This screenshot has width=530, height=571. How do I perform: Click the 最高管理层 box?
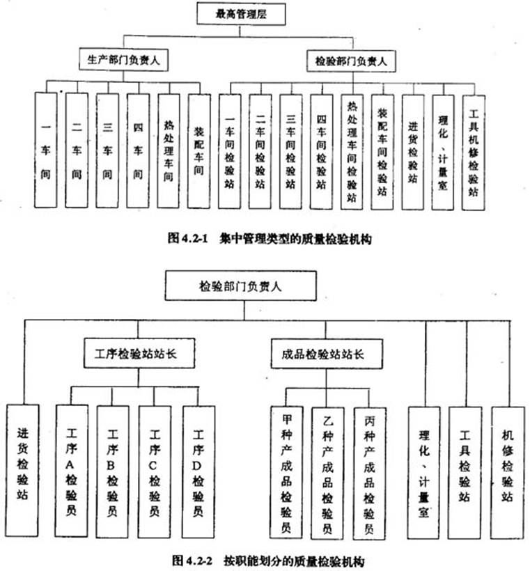pos(241,14)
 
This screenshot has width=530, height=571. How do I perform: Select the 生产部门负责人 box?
pos(123,60)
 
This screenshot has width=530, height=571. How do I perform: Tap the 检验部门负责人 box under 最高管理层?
pos(351,61)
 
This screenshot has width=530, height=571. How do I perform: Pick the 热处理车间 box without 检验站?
pos(169,151)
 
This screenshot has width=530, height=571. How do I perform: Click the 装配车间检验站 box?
pos(382,152)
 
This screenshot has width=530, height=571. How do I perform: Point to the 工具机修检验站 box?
pos(473,153)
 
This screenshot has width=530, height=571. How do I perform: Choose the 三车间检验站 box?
pos(290,152)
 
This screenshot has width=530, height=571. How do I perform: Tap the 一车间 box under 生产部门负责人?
pos(46,150)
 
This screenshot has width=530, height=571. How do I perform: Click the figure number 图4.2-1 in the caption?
pos(187,239)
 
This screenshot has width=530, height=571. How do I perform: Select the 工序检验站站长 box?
pos(139,353)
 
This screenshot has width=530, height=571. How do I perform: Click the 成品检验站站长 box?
pos(327,354)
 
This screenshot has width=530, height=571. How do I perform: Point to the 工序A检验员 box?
pos(72,471)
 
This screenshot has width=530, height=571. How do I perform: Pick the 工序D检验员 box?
pos(198,472)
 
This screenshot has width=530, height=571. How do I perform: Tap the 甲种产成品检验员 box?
pos(286,472)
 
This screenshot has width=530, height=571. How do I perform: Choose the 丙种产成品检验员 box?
pos(369,474)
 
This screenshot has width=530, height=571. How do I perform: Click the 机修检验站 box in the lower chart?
pos(508,473)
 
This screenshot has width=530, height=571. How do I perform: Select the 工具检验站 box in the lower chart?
pos(465,473)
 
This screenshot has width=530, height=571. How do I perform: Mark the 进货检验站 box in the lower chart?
pos(22,471)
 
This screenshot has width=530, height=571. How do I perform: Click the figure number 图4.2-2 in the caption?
pos(192,560)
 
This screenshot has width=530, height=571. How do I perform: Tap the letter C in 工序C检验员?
pos(153,466)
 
